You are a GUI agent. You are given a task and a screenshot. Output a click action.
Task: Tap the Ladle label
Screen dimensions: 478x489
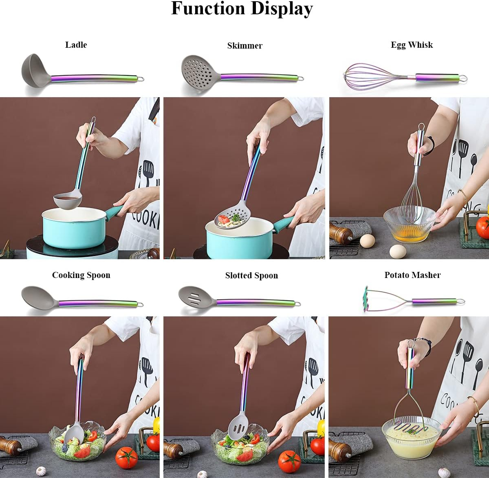(x=76, y=45)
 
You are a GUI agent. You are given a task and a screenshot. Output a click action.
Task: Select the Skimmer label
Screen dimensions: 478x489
(x=244, y=46)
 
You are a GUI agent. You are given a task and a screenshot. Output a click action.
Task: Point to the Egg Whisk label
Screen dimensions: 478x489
(x=412, y=45)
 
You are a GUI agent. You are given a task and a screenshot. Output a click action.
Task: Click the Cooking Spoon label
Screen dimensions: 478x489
(x=81, y=275)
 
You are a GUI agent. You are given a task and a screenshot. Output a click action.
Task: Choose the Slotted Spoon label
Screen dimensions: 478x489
(x=251, y=276)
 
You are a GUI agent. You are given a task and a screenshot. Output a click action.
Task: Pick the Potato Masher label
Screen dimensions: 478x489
(x=412, y=275)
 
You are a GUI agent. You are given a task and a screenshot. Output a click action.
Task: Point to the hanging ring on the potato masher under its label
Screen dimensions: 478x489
(x=460, y=302)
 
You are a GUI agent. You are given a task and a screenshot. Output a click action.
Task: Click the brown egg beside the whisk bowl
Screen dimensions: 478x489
(x=367, y=240)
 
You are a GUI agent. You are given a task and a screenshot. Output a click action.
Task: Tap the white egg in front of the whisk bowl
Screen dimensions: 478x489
(x=397, y=251)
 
